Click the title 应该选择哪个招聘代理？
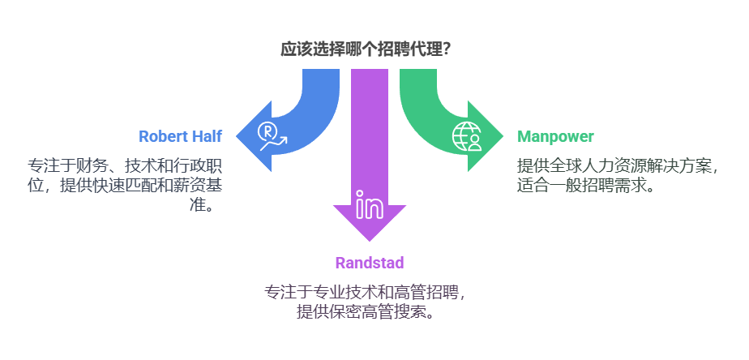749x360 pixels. [x=366, y=49]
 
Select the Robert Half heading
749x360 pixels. [x=180, y=136]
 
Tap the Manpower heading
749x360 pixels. [x=555, y=136]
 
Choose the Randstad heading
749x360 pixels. [x=369, y=263]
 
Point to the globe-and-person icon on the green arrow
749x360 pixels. [x=467, y=136]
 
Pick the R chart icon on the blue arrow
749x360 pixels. [x=272, y=136]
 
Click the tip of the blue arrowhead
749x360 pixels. [x=238, y=136]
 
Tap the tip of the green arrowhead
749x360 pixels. [x=503, y=136]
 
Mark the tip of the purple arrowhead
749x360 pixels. [x=370, y=240]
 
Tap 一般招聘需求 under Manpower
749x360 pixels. [x=596, y=185]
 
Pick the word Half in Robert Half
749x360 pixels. [x=206, y=136]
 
